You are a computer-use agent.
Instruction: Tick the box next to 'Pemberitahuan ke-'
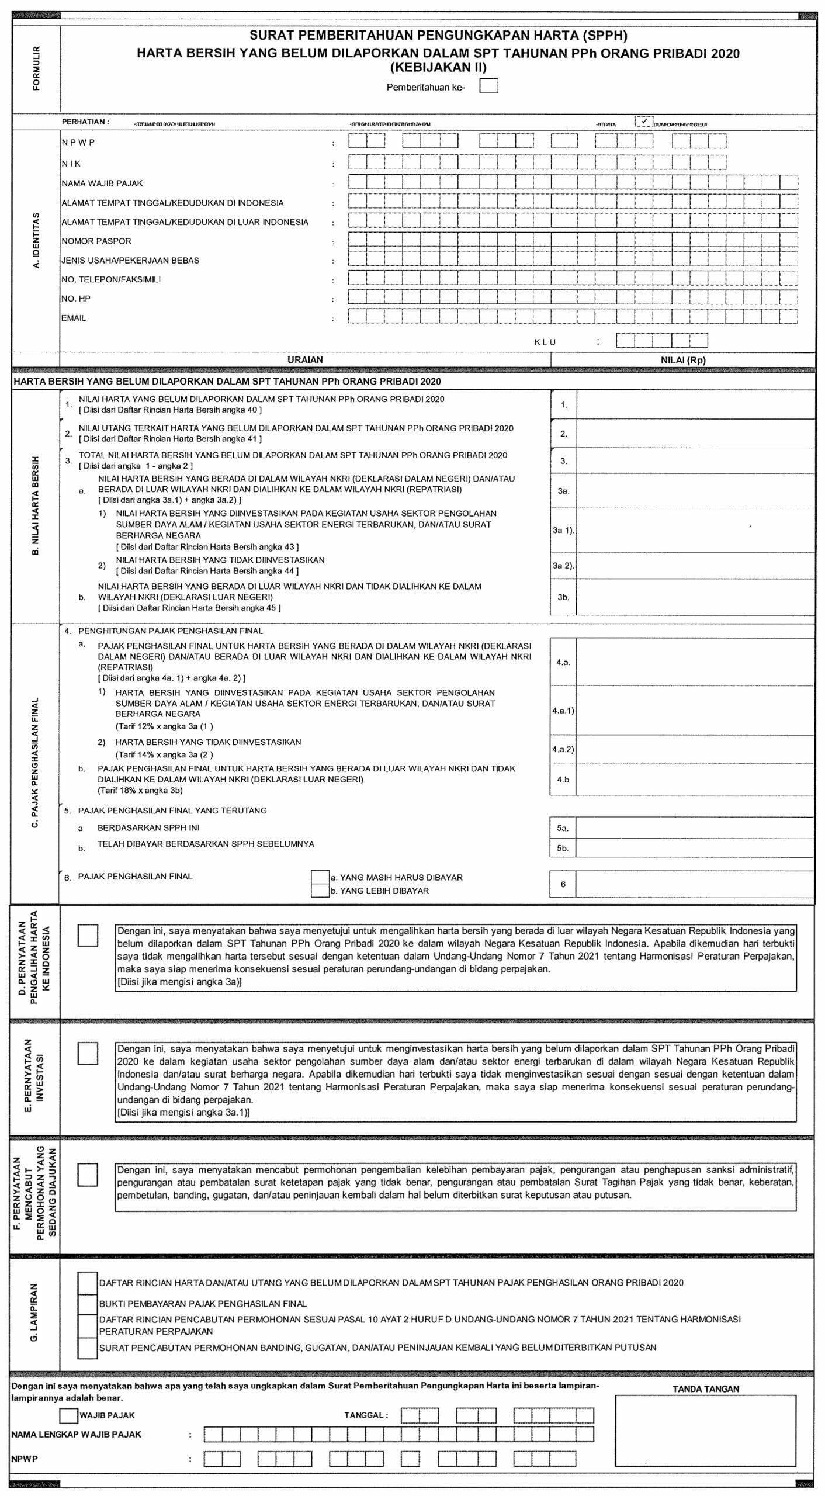pos(488,86)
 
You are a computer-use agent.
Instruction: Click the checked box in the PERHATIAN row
pos(643,121)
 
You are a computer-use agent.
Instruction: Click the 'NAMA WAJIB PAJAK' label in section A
pos(102,183)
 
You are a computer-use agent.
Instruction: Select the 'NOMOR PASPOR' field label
pos(96,241)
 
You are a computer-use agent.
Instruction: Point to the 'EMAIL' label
pos(74,318)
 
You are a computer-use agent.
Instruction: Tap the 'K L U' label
pos(545,342)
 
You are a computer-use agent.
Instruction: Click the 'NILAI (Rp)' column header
pos(682,360)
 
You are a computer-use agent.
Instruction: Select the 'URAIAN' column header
pos(305,360)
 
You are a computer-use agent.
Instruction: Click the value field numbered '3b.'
pos(695,597)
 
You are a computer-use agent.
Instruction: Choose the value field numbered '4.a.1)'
pos(695,711)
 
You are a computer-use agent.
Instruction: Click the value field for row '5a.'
pos(695,828)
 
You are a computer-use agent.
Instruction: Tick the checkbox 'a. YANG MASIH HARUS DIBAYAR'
pos(320,877)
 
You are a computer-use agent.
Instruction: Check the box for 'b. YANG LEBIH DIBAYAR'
pos(320,891)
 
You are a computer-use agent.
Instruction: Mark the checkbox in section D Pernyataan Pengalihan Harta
pos(88,936)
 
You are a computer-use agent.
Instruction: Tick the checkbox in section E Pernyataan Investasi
pos(88,1053)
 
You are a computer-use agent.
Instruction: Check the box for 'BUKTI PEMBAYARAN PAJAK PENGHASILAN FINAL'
pos(88,1304)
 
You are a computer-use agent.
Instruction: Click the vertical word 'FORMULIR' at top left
pos(37,68)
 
